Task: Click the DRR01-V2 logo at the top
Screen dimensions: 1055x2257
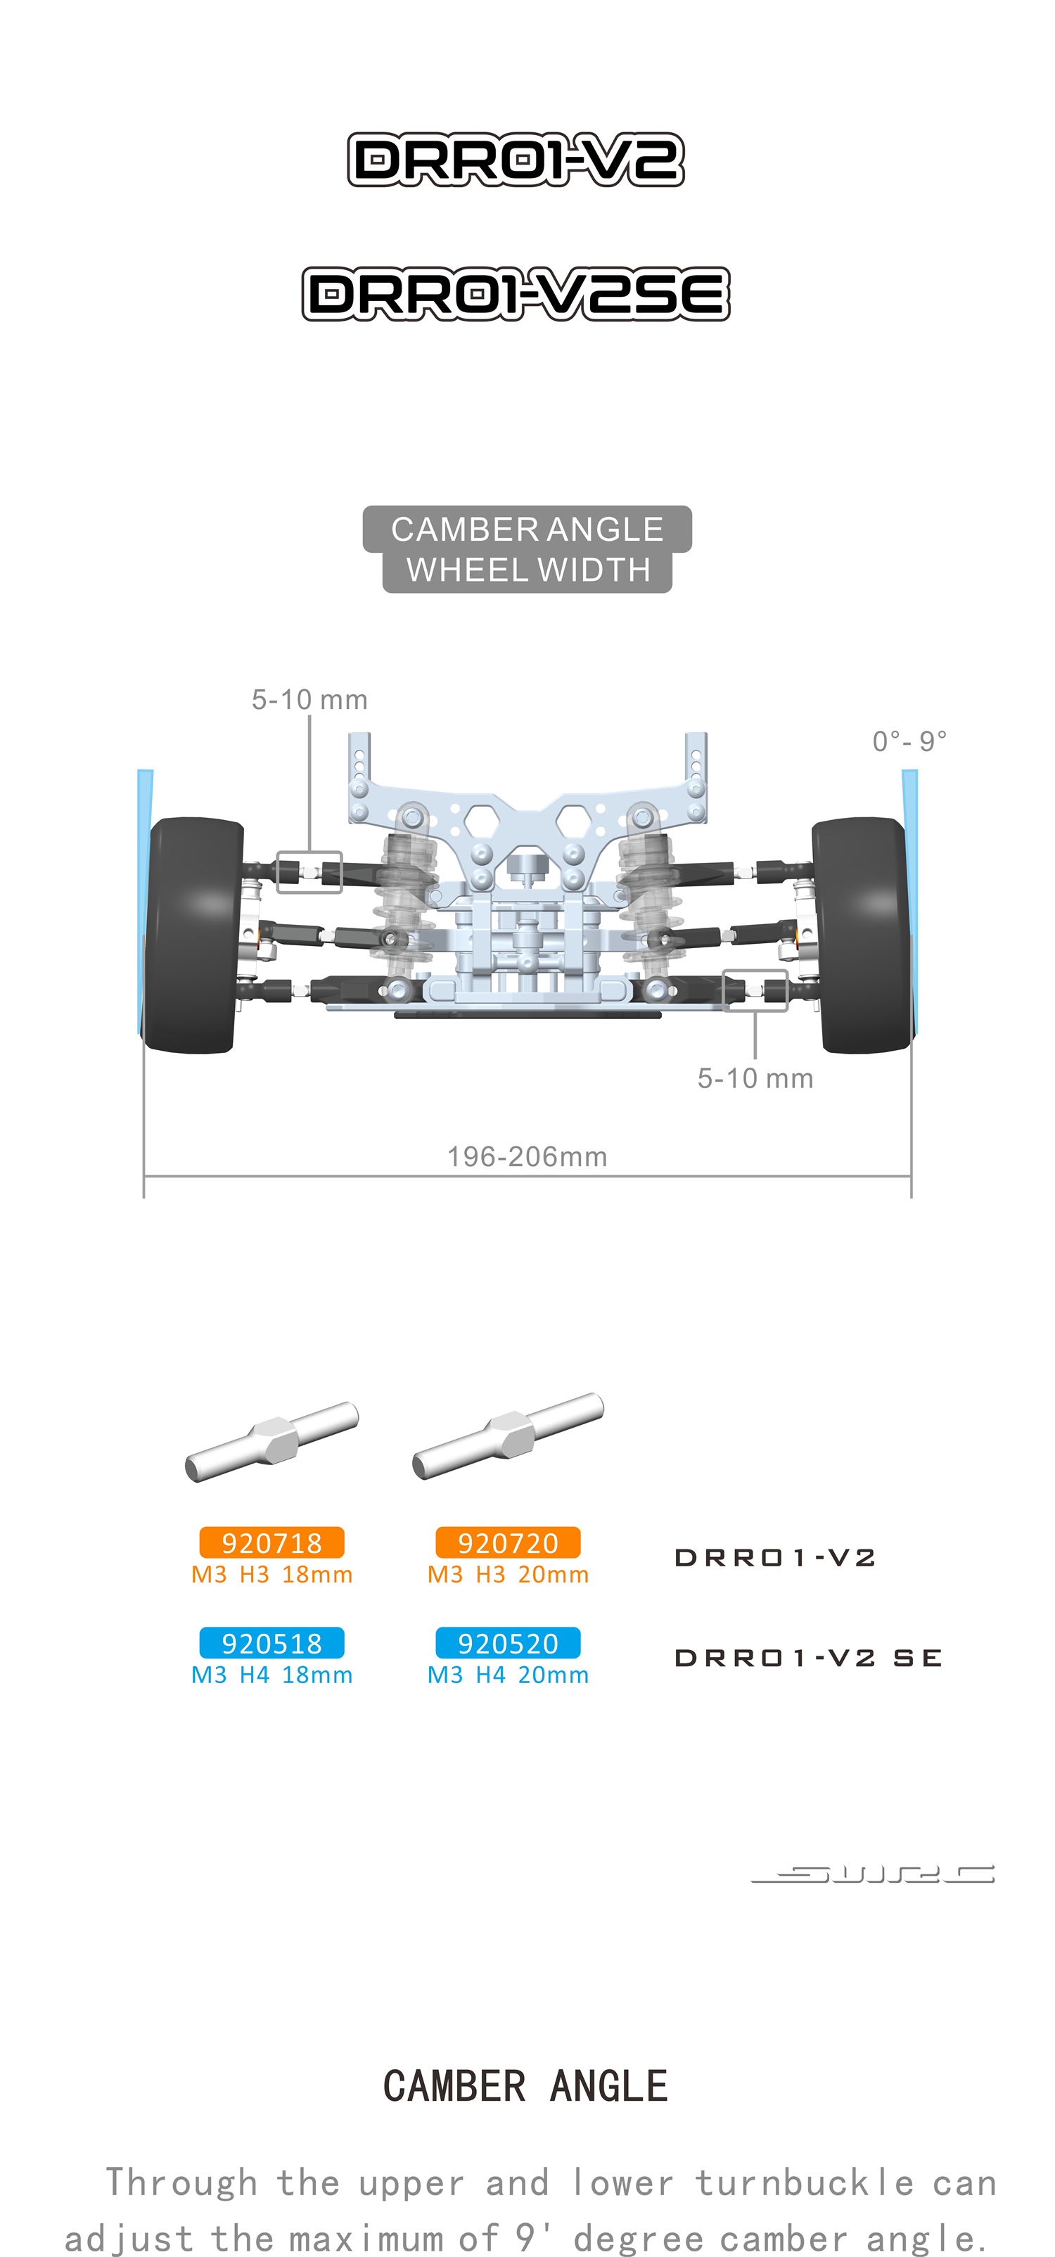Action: pos(516,160)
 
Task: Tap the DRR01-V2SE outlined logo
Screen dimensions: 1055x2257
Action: pos(516,293)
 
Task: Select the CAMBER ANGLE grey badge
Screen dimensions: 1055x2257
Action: pos(527,529)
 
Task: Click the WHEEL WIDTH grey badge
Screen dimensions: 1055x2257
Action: pos(527,570)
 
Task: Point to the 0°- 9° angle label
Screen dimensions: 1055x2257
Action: pos(909,741)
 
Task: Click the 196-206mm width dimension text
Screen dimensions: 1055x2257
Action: pos(527,1156)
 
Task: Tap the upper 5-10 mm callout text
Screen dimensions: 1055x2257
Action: pos(309,699)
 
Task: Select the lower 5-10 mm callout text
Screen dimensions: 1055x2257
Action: pos(755,1078)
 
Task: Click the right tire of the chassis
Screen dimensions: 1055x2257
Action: pos(862,935)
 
